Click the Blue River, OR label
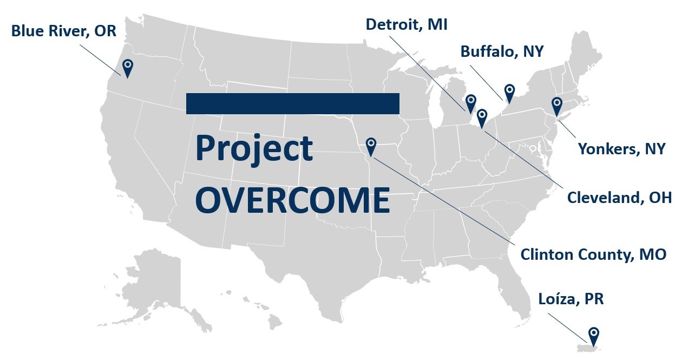pyautogui.click(x=64, y=31)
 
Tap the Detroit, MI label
pyautogui.click(x=407, y=24)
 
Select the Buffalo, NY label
pyautogui.click(x=502, y=51)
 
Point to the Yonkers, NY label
pyautogui.click(x=621, y=148)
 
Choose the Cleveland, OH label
pyautogui.click(x=619, y=198)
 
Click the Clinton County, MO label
pyautogui.click(x=593, y=254)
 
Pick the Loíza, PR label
pyautogui.click(x=571, y=299)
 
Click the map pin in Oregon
pyautogui.click(x=127, y=68)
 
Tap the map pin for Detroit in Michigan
pyautogui.click(x=471, y=102)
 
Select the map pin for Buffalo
pyautogui.click(x=509, y=91)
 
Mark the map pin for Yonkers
pyautogui.click(x=556, y=104)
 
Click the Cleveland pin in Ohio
pyautogui.click(x=481, y=117)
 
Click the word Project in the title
pyautogui.click(x=254, y=148)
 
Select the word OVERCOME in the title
pyautogui.click(x=292, y=200)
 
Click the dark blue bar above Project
pyautogui.click(x=292, y=103)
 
